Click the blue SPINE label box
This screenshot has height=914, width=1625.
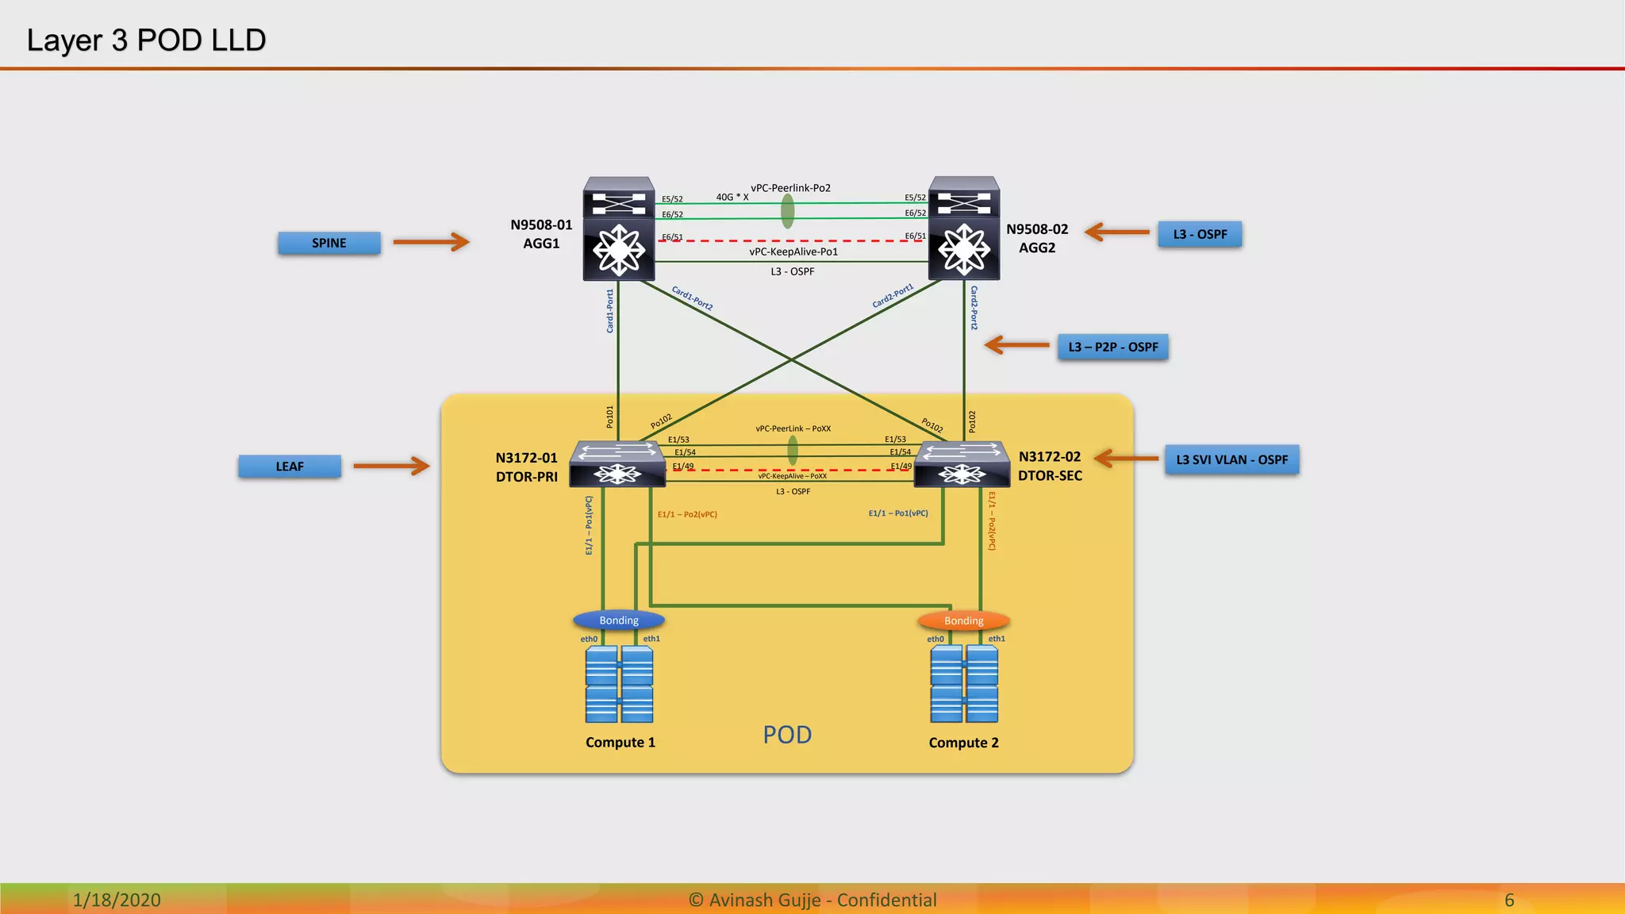click(x=328, y=243)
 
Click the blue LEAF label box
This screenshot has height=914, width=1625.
click(x=290, y=467)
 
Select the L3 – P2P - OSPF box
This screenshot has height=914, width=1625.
click(x=1112, y=347)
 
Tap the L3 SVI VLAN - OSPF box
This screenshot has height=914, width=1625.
click(x=1231, y=459)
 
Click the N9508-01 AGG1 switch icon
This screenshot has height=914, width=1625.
click(x=619, y=229)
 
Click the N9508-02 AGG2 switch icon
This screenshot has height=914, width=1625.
click(x=964, y=229)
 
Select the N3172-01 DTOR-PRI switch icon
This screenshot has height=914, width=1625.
click(x=617, y=464)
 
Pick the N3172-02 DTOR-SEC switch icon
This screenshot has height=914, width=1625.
click(x=962, y=464)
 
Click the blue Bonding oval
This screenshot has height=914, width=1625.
click(x=619, y=620)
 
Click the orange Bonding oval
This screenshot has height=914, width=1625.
click(x=963, y=620)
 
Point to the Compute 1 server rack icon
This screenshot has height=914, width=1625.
click(x=619, y=684)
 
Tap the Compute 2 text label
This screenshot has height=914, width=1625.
click(x=963, y=743)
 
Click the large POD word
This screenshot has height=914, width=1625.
click(x=787, y=735)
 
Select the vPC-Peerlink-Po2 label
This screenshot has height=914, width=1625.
click(x=790, y=188)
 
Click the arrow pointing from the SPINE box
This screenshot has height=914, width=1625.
click(x=431, y=241)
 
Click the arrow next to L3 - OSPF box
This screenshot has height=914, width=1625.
click(x=1117, y=232)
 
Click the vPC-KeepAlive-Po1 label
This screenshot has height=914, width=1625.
click(x=793, y=252)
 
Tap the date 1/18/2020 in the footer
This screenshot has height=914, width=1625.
click(x=117, y=900)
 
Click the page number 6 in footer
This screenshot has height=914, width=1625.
click(x=1509, y=900)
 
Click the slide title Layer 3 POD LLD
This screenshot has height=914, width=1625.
click(x=146, y=40)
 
